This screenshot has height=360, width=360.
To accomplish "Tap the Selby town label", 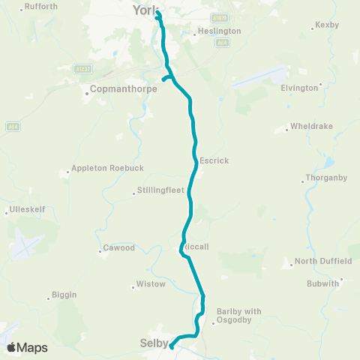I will pos(153,343).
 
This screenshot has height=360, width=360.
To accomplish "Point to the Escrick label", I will pos(214,160).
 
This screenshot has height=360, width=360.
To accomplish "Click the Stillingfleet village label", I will pos(160,190).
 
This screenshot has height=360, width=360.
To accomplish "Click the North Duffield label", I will pos(323,261).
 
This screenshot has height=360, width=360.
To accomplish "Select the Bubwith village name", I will pos(324,283).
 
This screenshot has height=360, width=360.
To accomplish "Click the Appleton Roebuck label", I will pos(101,169).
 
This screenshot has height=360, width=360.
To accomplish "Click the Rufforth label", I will pos(41,6).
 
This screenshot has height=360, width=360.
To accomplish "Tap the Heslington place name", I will pos(219,31).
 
